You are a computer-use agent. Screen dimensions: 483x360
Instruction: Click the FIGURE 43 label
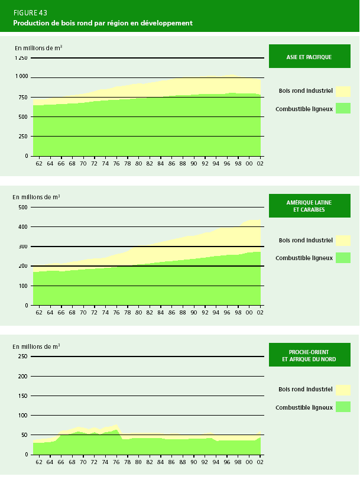coord(31,12)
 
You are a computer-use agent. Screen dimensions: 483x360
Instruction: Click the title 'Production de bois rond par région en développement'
coord(103,23)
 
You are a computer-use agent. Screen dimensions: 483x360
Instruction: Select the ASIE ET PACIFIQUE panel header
coord(310,57)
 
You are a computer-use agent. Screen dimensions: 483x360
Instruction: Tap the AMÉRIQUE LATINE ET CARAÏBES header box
coord(310,206)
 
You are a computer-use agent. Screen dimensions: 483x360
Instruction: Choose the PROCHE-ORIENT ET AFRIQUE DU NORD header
coord(310,355)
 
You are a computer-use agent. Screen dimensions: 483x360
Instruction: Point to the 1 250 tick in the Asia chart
coord(21,58)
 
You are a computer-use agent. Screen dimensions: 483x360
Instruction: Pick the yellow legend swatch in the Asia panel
coord(343,91)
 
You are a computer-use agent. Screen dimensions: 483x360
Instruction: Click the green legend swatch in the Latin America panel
coord(343,258)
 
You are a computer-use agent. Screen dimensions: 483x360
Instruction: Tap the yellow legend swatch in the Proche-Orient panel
coord(343,390)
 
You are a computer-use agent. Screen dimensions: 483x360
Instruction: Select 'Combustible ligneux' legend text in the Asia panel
coord(304,109)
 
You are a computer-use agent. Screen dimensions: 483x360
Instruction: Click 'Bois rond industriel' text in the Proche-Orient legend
coord(305,390)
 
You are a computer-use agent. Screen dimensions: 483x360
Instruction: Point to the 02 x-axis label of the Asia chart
coord(259,164)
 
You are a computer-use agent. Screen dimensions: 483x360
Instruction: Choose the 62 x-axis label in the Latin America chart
coord(39,313)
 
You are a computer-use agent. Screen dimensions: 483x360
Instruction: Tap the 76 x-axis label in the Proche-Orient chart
coord(116,462)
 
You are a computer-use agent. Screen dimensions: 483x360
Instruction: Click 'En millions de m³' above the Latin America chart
coord(36,196)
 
